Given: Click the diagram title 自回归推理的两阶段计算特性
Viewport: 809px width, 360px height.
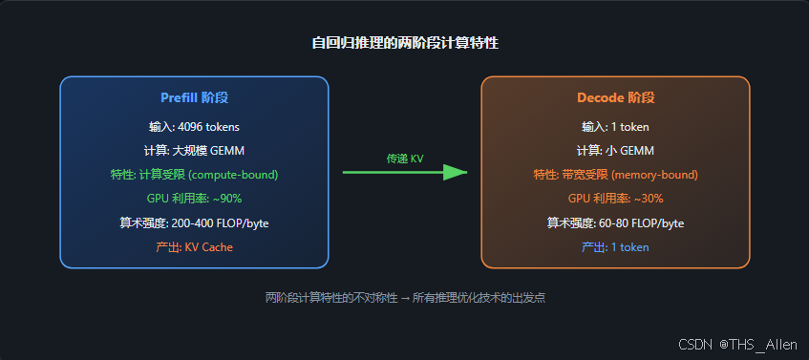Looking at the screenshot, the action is point(405,43).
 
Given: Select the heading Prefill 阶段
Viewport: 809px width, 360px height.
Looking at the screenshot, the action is point(195,97).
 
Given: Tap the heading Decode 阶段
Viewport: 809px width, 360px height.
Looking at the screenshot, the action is point(615,97).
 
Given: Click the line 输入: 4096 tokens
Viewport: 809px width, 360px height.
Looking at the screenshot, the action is point(195,126).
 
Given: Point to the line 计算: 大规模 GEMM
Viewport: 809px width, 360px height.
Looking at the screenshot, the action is point(195,151).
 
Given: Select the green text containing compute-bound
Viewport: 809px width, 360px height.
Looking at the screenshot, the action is point(195,175).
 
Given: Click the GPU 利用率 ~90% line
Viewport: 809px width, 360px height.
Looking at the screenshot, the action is point(195,199).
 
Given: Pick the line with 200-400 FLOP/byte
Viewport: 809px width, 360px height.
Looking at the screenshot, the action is point(195,223).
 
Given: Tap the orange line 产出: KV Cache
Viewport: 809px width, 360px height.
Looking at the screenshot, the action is point(195,247).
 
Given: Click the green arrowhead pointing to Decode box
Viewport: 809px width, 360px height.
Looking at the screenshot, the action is point(455,172).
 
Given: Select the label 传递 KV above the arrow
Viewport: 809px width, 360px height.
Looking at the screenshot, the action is point(405,159).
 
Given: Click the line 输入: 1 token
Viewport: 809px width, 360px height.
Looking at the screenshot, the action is point(615,126).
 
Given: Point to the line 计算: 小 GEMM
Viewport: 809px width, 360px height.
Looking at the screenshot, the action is point(615,151).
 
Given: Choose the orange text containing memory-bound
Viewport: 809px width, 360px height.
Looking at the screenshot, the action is point(615,175).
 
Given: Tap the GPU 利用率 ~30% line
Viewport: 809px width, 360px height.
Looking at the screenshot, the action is point(615,199).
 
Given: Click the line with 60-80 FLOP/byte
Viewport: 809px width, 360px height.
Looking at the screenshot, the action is point(615,223).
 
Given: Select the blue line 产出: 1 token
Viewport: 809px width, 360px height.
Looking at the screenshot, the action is point(615,247).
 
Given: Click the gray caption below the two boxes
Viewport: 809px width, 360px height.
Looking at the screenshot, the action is point(405,298).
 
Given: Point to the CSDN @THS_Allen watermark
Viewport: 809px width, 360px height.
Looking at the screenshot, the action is point(737,345).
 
